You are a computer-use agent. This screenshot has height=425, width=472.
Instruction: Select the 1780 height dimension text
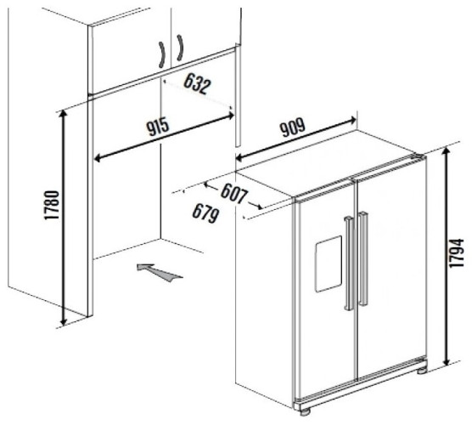(52, 205)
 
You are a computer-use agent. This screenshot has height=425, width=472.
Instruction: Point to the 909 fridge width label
(293, 128)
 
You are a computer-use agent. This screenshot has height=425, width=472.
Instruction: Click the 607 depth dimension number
(234, 195)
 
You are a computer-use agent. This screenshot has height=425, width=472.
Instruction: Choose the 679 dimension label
(205, 213)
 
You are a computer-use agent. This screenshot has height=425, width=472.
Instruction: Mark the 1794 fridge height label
(458, 252)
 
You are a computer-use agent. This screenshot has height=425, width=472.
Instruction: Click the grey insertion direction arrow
(159, 272)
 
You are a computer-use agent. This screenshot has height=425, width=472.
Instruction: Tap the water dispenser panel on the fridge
(329, 264)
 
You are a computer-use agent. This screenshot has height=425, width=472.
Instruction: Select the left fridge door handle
(349, 263)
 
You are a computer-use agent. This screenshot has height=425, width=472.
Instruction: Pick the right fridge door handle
(363, 259)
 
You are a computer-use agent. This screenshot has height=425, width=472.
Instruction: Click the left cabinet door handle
(162, 54)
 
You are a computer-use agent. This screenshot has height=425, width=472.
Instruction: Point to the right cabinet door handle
(180, 48)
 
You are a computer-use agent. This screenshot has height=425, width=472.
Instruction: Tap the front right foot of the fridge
(422, 371)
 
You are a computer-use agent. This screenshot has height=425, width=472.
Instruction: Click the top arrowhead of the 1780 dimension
(63, 113)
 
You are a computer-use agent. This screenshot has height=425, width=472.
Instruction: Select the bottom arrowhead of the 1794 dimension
(447, 360)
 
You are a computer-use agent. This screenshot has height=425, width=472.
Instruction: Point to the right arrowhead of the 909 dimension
(352, 120)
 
